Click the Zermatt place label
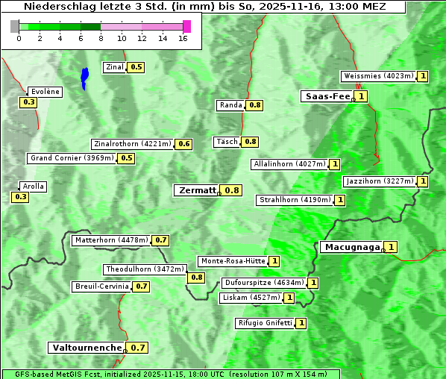click(197, 190)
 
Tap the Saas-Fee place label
click(326, 96)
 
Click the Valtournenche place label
click(86, 348)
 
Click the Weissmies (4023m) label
click(378, 76)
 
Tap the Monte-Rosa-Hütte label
click(232, 261)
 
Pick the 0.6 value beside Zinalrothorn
click(183, 144)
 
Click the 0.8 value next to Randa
click(255, 105)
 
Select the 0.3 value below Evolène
click(29, 102)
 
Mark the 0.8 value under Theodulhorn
click(196, 278)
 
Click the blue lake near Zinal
click(84, 77)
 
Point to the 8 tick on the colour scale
click(101, 38)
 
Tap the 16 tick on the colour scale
click(183, 38)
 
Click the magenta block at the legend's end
click(186, 26)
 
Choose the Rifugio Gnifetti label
click(265, 323)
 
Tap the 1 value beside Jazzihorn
click(423, 181)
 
